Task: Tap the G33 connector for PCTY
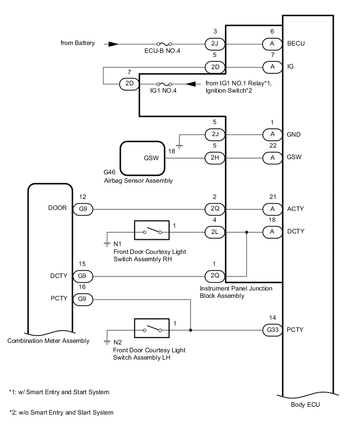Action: (273, 330)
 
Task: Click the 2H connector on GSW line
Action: (215, 157)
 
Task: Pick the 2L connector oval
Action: (215, 231)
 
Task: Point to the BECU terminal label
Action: (296, 43)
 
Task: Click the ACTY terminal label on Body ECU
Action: (296, 209)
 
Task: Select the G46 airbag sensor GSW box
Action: (143, 157)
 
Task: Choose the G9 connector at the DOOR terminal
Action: (83, 209)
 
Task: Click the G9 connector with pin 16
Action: (83, 299)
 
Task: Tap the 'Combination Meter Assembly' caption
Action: (48, 341)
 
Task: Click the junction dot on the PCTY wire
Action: (190, 330)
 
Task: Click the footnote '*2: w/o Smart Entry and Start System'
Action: (61, 412)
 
